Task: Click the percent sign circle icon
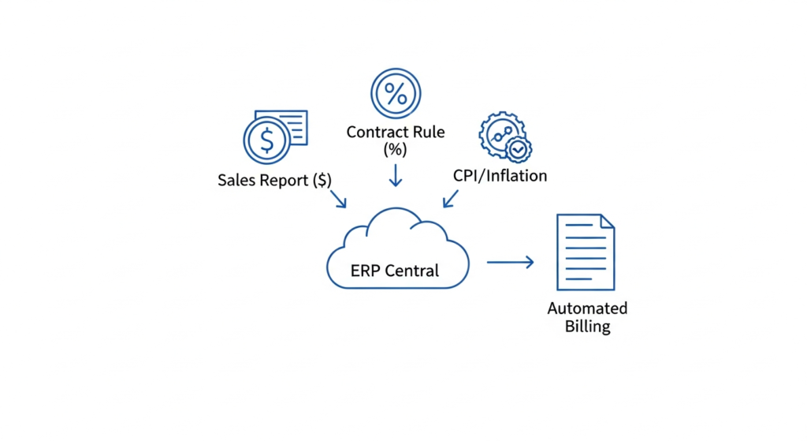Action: tap(396, 93)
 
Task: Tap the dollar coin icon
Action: tap(267, 140)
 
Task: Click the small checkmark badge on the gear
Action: tap(518, 148)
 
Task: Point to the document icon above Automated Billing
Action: tap(585, 252)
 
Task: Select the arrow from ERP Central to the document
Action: tap(510, 262)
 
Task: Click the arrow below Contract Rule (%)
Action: tap(396, 174)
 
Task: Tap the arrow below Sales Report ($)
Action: tap(337, 198)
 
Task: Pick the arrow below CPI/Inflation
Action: tap(452, 197)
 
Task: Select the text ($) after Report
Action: tap(322, 180)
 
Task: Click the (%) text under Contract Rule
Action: tap(396, 149)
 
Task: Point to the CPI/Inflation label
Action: tap(500, 175)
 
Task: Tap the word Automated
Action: tap(587, 308)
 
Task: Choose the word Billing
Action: tap(587, 327)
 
